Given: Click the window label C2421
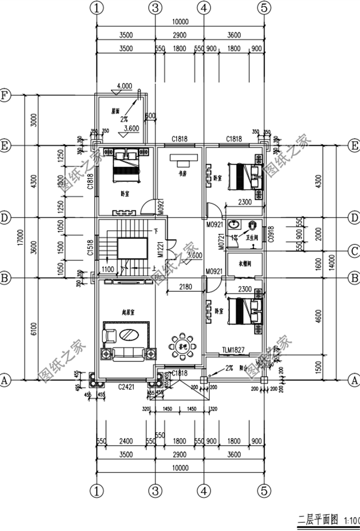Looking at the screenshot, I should pyautogui.click(x=126, y=386).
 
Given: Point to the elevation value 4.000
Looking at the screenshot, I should pyautogui.click(x=124, y=85).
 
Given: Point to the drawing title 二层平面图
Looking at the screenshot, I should pyautogui.click(x=318, y=520).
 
